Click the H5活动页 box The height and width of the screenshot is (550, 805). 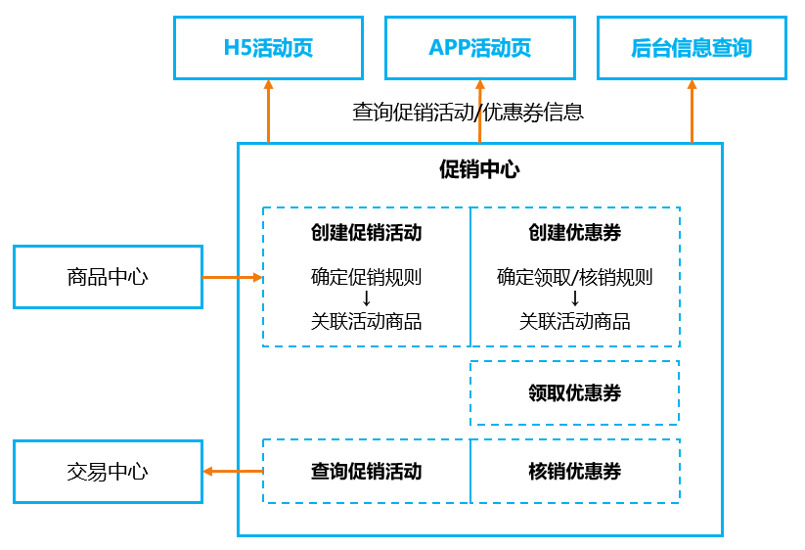(x=268, y=48)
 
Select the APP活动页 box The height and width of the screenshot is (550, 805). (x=479, y=48)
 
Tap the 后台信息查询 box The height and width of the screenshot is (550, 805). (x=692, y=48)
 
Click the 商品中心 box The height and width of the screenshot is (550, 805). (x=108, y=277)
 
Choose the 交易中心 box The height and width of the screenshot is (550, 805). (x=108, y=472)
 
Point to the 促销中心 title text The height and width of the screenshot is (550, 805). (x=479, y=169)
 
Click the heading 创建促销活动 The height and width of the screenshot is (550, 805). (x=366, y=233)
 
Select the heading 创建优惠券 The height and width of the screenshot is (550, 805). (x=574, y=233)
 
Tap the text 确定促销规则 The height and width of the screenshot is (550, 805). (x=366, y=277)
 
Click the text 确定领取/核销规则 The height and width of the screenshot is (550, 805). (x=574, y=277)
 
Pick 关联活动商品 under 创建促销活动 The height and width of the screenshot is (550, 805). (x=366, y=322)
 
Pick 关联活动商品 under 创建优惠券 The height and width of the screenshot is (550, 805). (x=574, y=322)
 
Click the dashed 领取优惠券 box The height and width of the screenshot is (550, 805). (x=574, y=393)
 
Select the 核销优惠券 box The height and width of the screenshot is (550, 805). (x=574, y=472)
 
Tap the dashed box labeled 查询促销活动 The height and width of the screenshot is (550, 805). (x=366, y=472)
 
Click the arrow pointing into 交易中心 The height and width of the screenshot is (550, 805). (x=233, y=472)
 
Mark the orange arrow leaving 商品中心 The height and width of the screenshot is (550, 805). (x=233, y=277)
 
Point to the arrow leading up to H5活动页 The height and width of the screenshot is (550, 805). (x=268, y=112)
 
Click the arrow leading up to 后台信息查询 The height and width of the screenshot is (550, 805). (x=692, y=112)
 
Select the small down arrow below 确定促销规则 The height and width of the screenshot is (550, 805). (x=366, y=298)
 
